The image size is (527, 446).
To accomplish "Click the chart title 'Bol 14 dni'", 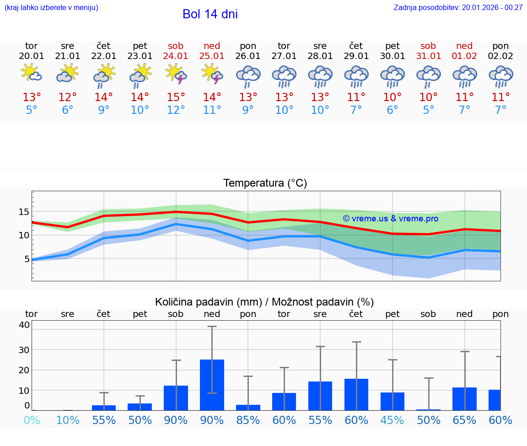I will coord(210,14).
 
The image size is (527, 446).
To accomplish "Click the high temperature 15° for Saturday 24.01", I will coord(176,97).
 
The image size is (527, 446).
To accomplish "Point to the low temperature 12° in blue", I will coord(176,110).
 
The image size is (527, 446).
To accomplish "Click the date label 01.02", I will coord(464,56).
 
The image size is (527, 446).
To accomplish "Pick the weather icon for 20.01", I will coord(31,73).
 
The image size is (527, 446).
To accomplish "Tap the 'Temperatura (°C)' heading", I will coord(265,183).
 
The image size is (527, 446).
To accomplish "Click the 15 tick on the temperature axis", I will coord(24,212).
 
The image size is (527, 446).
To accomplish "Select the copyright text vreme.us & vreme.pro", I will coord(391,219).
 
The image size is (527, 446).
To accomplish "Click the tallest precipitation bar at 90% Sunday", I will coord(212,384).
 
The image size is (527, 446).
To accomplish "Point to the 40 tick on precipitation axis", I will coord(24,325).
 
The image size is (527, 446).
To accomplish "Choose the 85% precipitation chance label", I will coord(248,420).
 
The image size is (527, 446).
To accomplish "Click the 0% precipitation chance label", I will coord(32,420).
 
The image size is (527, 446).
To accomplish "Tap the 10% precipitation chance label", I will coord(68,420).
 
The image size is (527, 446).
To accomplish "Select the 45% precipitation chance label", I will coord(393,420).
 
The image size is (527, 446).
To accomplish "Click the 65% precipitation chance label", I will coord(465,420).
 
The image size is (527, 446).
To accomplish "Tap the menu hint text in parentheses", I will coord(51,7).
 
